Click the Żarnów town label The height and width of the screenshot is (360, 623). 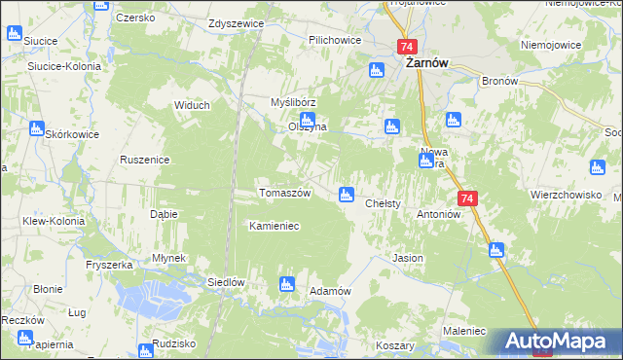425,64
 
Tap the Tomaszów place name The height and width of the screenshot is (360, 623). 284,193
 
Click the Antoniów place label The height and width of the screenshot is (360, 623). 437,214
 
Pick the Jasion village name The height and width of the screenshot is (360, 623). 406,259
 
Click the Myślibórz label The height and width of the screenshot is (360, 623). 293,102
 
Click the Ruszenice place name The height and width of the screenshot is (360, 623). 145,160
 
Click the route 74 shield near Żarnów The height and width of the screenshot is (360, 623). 407,47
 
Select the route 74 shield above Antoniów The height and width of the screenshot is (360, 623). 469,198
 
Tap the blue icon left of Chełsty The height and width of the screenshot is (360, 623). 346,195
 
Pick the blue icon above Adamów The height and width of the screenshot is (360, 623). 286,284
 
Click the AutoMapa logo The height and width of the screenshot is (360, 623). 559,342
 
